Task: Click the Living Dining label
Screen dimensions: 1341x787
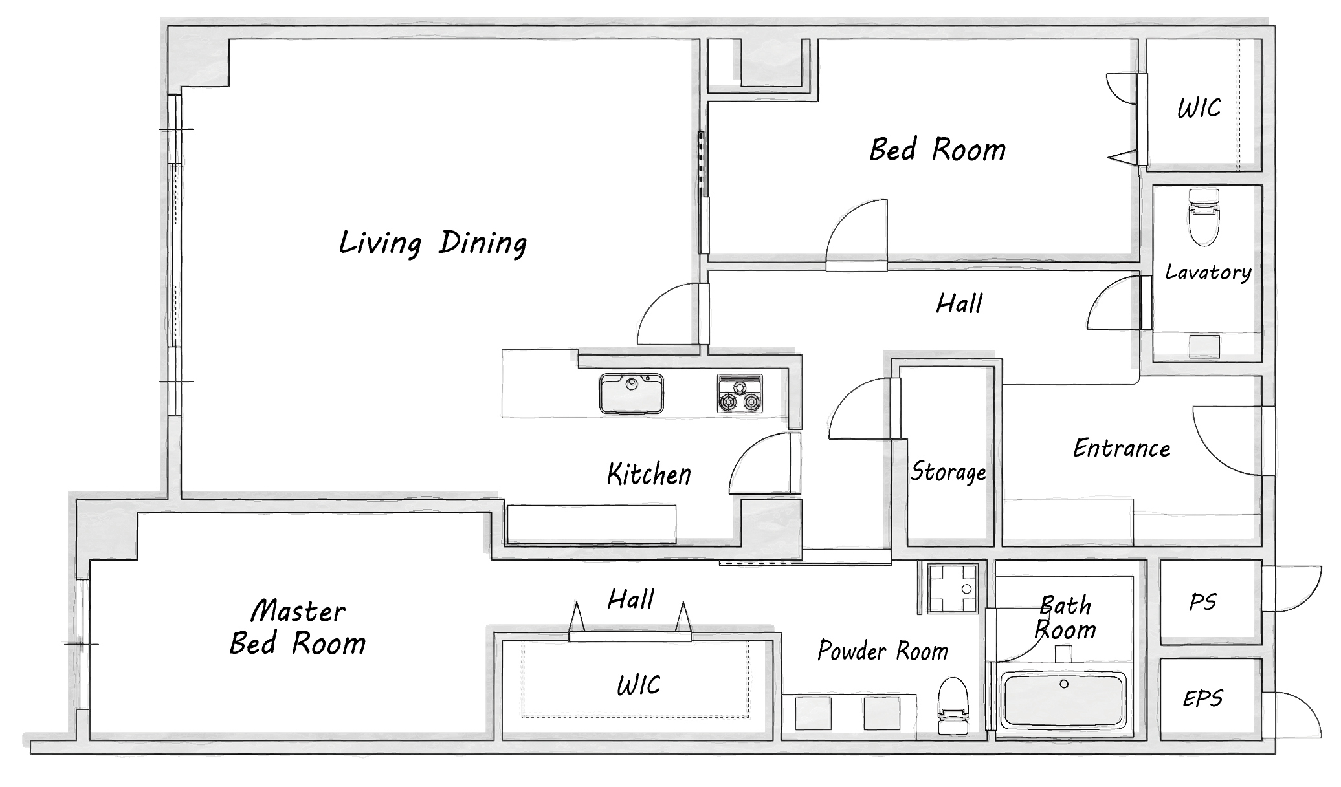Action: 433,244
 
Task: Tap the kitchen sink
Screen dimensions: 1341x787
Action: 631,393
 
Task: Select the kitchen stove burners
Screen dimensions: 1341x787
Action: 739,393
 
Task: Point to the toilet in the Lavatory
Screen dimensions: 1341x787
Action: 1204,217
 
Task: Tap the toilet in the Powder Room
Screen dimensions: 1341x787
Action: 953,706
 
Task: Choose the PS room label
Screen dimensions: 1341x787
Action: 1203,603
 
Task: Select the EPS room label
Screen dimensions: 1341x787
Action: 1203,698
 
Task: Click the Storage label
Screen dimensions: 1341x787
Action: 948,472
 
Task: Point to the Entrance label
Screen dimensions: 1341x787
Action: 1122,448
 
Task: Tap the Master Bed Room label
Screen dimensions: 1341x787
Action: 298,627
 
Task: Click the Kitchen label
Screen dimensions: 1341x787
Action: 649,475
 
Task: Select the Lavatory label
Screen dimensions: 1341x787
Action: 1208,272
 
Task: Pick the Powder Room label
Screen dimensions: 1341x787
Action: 883,651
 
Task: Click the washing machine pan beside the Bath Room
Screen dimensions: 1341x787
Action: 953,588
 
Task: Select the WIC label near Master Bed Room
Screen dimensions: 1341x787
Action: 639,685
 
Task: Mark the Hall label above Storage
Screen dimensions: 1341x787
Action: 960,303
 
